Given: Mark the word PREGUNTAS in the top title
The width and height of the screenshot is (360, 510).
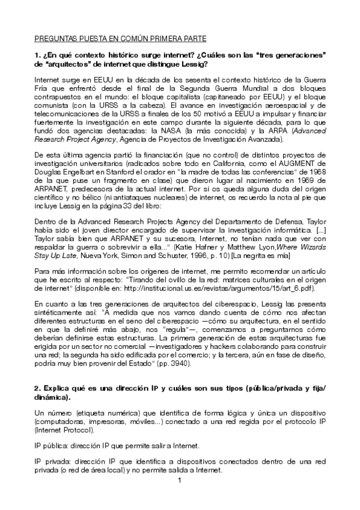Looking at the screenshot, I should (x=56, y=38).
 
